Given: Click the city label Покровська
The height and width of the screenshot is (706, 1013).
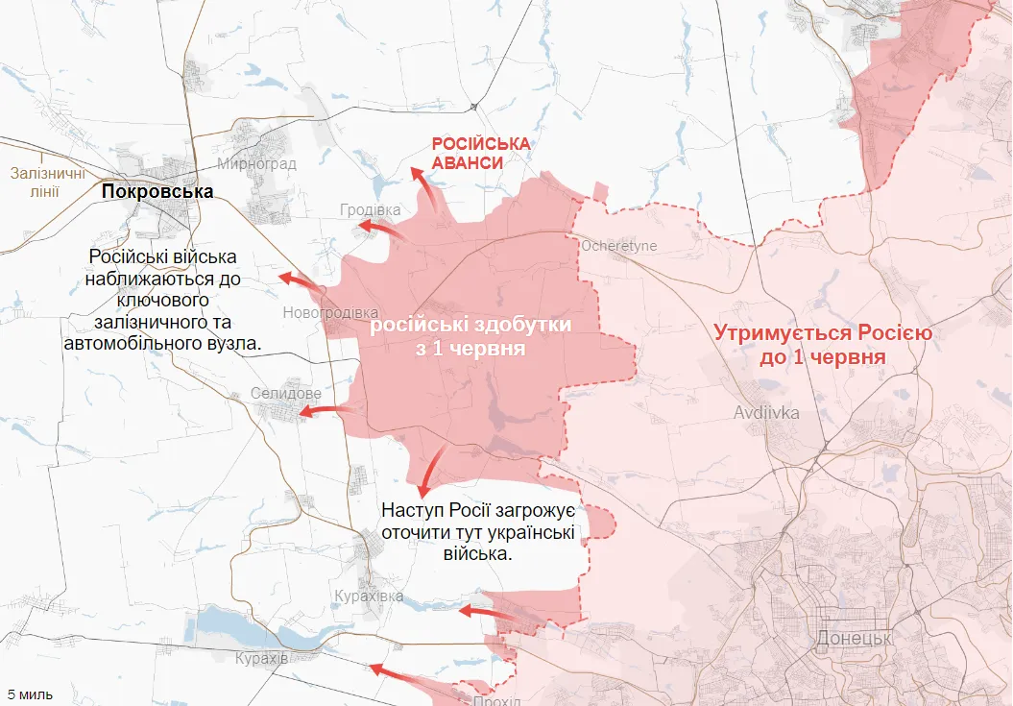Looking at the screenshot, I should pos(157,192).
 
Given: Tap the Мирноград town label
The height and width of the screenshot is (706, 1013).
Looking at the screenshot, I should pos(256,163).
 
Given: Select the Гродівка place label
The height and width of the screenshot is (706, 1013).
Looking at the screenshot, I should pos(370,209).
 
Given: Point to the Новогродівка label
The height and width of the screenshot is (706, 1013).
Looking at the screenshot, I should pos(330,313).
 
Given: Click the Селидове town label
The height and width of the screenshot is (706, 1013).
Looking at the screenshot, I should pos(285,394).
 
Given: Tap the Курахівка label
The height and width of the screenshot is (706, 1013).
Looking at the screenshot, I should pos(368,596).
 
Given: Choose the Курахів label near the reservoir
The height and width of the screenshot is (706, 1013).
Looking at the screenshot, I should pos(261,658).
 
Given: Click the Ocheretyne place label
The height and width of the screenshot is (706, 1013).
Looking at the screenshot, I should pos(618,246).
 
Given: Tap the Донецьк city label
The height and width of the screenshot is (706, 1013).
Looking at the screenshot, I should pos(854,638).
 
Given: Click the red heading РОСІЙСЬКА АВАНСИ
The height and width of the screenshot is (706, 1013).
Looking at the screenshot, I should pos(480,153).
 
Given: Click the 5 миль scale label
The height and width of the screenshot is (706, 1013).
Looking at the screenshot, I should pos(31,694).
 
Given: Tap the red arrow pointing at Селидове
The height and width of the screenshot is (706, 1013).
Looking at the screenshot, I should pos(325,411).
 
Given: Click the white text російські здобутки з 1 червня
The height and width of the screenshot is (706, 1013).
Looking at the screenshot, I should pos(470,336).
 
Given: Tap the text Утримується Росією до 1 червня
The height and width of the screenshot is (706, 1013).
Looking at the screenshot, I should pos(824,345).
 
